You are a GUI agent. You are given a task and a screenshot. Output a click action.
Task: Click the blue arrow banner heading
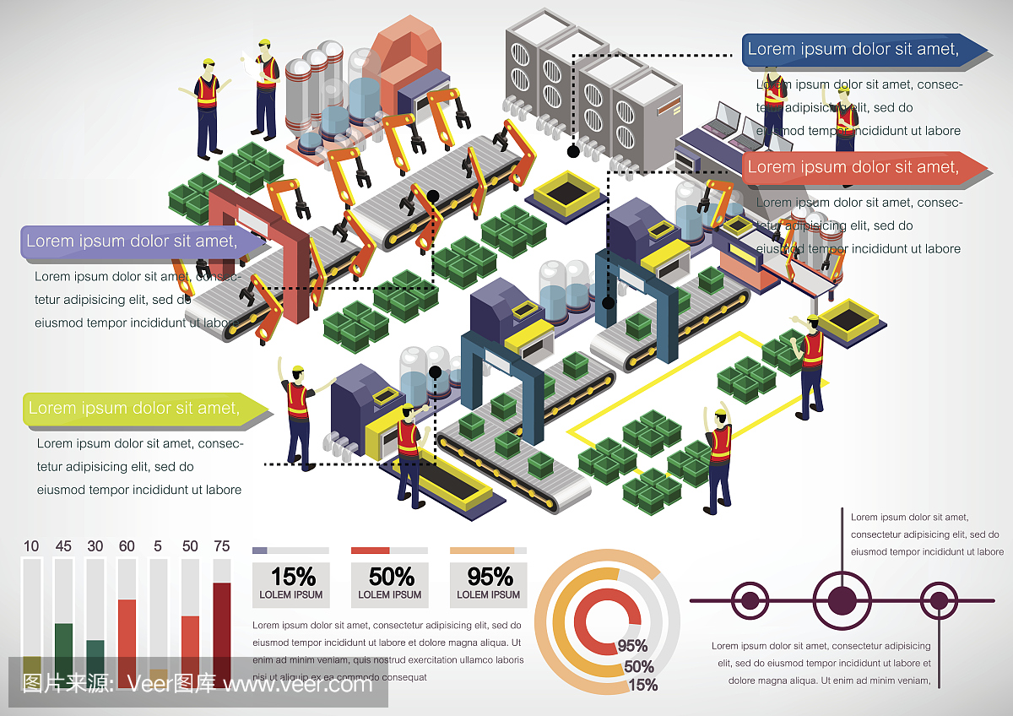tap(853, 49)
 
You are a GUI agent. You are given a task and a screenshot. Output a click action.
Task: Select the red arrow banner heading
tap(853, 167)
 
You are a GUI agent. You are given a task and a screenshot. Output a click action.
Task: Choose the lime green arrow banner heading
tap(135, 409)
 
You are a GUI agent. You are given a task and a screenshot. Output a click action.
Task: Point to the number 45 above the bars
tap(63, 546)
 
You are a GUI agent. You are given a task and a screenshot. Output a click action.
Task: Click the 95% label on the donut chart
tap(632, 646)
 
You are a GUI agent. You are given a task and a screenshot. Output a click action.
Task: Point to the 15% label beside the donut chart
tap(643, 685)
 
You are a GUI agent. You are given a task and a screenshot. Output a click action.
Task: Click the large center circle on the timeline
tap(839, 601)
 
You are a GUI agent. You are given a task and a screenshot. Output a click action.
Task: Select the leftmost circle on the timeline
tap(749, 601)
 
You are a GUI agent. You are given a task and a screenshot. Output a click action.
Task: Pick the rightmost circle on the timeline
tap(938, 601)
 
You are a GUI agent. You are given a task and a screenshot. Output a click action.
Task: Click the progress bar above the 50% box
tap(389, 551)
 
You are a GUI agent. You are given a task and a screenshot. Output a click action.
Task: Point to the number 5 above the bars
tap(159, 546)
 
